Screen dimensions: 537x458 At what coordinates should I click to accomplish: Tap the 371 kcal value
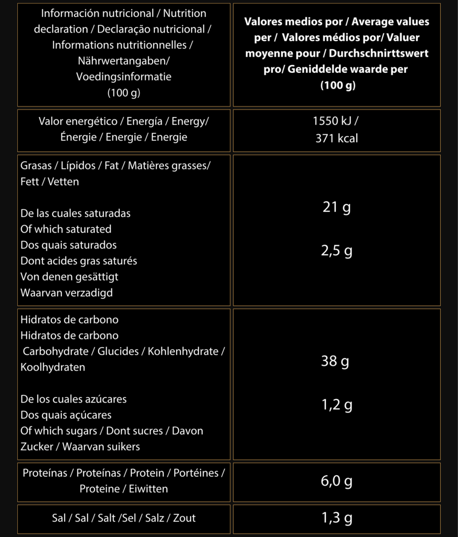coord(336,138)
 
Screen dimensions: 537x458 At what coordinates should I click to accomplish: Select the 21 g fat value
coord(336,207)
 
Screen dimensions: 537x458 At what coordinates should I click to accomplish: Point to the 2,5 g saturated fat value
coord(336,251)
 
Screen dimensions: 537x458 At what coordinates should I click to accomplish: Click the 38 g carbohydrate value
coord(335,361)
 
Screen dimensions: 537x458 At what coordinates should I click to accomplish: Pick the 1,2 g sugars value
coord(336,404)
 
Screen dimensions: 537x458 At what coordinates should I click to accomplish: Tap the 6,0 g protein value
coord(336,481)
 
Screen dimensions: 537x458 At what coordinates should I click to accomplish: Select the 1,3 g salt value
coord(336,518)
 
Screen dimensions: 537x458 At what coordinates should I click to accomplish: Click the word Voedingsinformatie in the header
coord(124,77)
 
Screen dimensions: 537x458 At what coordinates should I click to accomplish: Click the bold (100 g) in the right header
coord(338,85)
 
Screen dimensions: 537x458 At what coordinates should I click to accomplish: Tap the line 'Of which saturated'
coord(66,229)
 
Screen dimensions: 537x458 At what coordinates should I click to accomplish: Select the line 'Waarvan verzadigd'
coord(67,293)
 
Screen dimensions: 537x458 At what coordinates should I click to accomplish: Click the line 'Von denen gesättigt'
coord(69,276)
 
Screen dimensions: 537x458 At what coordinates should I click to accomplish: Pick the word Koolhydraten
coord(52,367)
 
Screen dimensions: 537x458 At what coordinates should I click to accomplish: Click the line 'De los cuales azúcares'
coord(73,399)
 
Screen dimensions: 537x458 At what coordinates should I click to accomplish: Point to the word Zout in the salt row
coord(184,518)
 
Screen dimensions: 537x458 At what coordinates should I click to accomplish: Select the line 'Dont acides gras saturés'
coord(79,261)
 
